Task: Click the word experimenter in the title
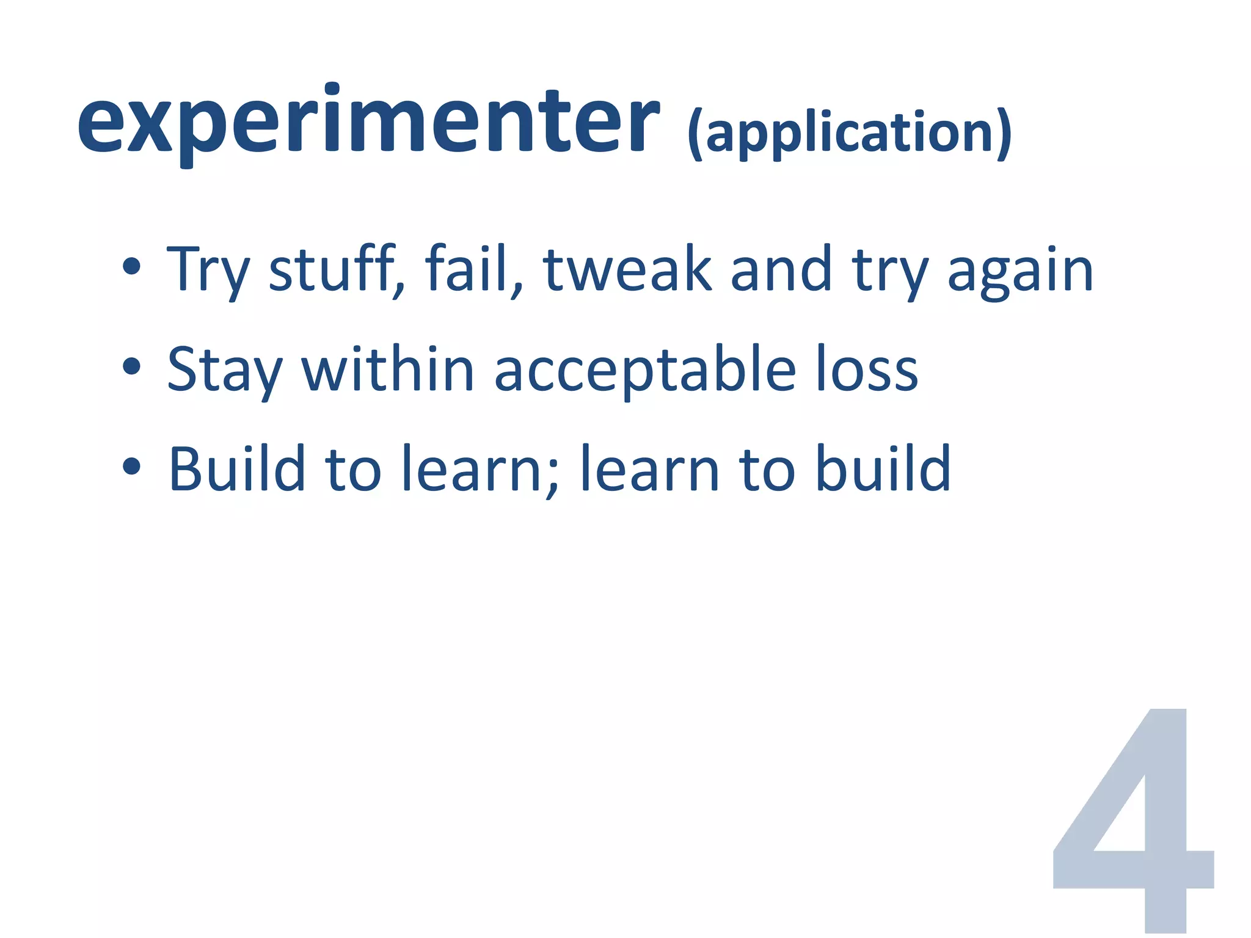368,122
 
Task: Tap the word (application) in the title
849,133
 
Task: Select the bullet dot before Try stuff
131,267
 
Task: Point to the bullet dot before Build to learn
131,467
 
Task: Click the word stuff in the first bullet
334,269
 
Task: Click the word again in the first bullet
1019,272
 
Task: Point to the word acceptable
645,370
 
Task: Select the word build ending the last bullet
883,468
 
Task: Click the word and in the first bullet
781,269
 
